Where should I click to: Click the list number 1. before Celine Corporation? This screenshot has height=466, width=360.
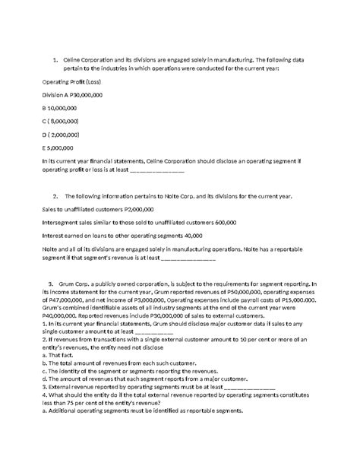click(x=55, y=60)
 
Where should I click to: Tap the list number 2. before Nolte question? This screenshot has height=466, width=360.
click(x=55, y=195)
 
